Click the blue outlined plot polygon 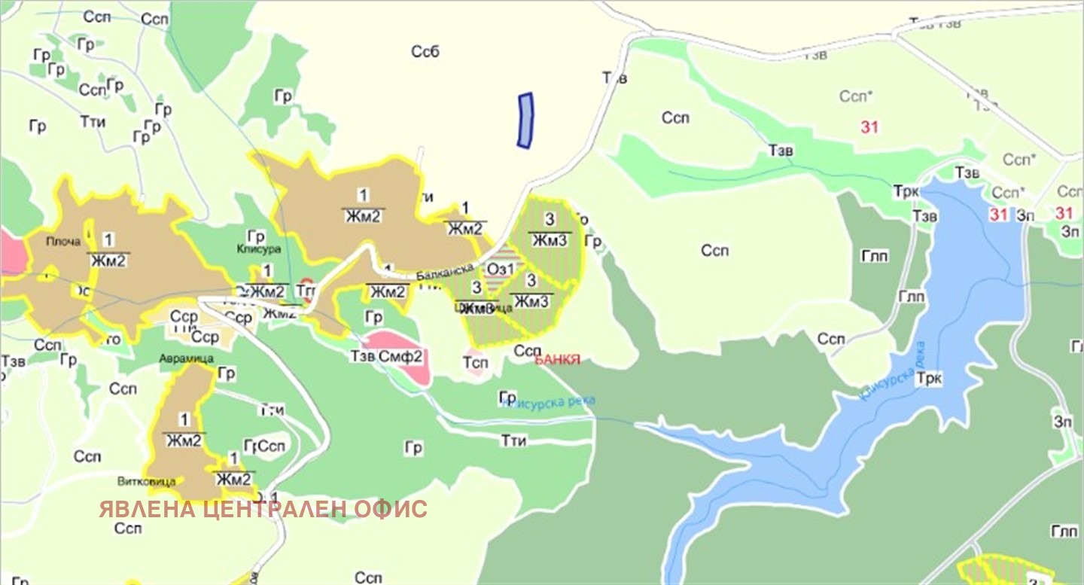[x=525, y=120]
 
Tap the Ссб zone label [x=425, y=52]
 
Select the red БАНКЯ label [x=557, y=360]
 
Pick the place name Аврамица [x=181, y=358]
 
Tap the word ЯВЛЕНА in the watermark [x=148, y=510]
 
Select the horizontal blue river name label [x=550, y=402]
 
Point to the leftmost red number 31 [x=869, y=127]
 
